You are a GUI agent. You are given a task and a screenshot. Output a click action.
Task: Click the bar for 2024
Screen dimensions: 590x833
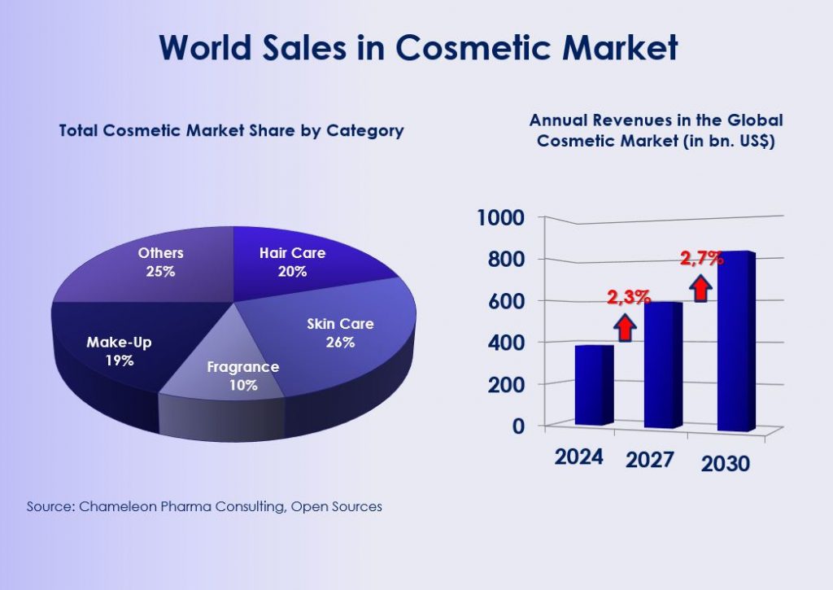pyautogui.click(x=594, y=384)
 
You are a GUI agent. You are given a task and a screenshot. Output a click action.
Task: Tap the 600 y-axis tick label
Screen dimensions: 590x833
pyautogui.click(x=506, y=300)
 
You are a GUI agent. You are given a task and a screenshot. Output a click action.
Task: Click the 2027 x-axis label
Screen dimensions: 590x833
pyautogui.click(x=650, y=460)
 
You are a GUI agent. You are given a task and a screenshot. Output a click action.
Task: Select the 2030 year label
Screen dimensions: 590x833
pyautogui.click(x=725, y=465)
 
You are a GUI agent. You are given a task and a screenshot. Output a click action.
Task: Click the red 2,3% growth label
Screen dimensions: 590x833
pyautogui.click(x=628, y=297)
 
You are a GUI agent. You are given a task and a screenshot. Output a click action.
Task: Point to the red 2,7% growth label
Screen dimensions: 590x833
pyautogui.click(x=701, y=260)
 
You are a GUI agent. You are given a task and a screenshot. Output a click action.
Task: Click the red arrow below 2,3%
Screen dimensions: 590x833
pyautogui.click(x=625, y=326)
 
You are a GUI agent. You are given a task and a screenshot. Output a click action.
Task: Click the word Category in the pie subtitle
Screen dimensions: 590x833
pyautogui.click(x=364, y=130)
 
